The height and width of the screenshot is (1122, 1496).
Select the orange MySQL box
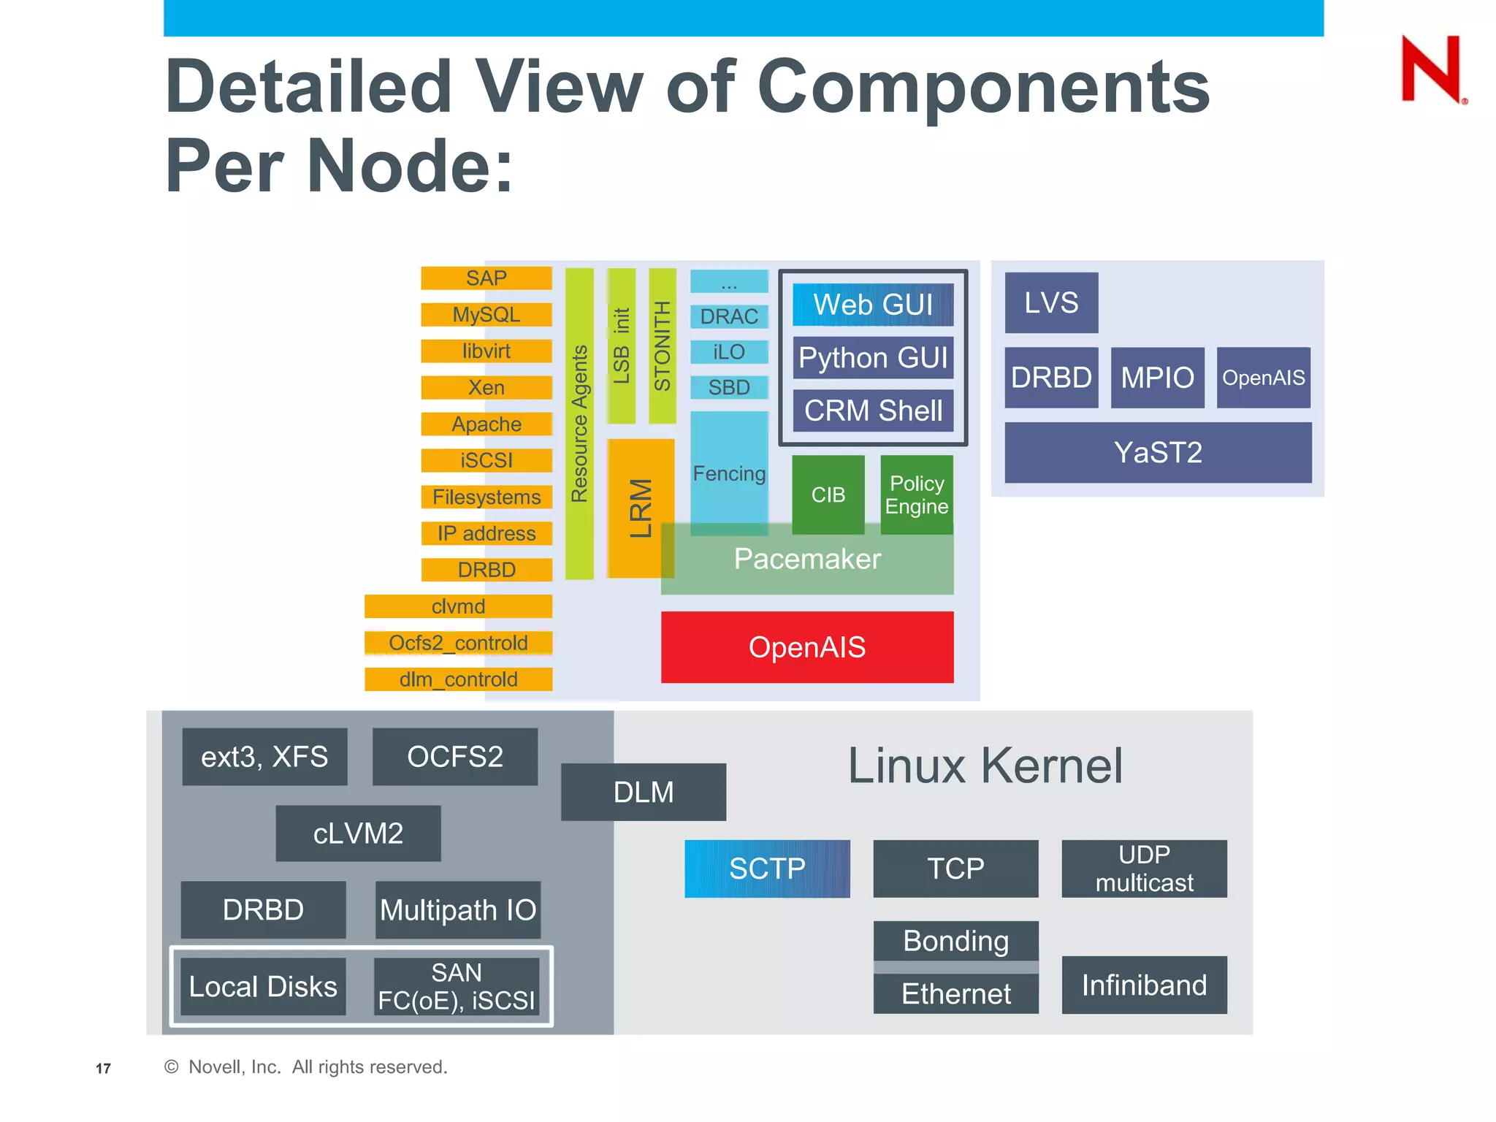(486, 315)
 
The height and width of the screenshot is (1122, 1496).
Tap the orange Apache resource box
(486, 424)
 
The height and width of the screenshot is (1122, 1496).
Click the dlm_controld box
(459, 679)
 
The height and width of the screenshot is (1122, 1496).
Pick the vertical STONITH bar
(662, 346)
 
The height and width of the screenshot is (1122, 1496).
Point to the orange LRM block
(641, 508)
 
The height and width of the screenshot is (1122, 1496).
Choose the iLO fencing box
(729, 352)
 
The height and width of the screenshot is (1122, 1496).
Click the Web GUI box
(873, 305)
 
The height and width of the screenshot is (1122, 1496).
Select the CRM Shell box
(873, 411)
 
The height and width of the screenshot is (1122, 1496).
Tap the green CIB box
(828, 495)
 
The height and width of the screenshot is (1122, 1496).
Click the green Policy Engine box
(917, 495)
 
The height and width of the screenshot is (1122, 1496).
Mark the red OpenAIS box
(807, 647)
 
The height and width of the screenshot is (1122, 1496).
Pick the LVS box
(1051, 302)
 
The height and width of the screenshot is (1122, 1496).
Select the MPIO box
(1157, 378)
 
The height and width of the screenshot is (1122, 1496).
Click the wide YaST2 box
(1158, 452)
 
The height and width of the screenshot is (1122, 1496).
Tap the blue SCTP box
(767, 869)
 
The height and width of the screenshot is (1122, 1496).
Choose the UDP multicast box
(1144, 869)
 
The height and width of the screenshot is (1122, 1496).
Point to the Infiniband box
(1144, 985)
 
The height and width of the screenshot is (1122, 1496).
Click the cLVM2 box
(358, 833)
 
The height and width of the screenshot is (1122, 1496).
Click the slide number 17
(103, 1069)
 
